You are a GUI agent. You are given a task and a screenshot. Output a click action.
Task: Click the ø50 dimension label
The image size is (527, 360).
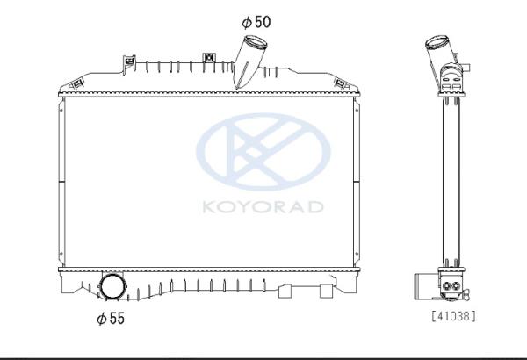pos(256,22)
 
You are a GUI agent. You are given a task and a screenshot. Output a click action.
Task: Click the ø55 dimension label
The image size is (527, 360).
pos(111,319)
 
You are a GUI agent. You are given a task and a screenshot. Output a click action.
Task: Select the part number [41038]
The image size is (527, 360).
pos(453,316)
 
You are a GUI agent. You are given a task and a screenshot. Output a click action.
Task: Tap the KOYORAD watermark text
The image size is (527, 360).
pos(263,207)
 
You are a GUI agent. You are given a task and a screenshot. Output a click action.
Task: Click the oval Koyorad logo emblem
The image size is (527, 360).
pos(263,152)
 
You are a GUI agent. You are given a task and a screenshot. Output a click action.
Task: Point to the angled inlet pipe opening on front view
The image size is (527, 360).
pos(255,42)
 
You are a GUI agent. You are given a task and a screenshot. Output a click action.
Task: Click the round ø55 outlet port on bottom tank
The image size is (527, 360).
pos(112,287)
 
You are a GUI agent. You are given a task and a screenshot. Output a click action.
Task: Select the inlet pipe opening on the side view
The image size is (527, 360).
pos(437,42)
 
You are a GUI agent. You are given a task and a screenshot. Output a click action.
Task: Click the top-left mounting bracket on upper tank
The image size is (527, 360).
pos(129,63)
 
